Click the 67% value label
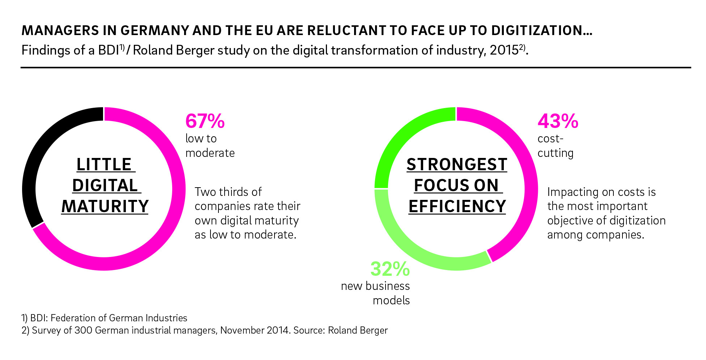[205, 121]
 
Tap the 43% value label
[558, 121]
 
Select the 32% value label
[390, 269]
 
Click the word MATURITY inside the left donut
[105, 206]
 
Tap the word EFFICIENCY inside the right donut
[457, 206]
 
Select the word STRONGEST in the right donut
[457, 164]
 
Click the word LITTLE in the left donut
[104, 164]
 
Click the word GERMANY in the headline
[155, 30]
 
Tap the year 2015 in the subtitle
[504, 50]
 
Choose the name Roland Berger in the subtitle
[174, 50]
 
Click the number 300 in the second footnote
[83, 330]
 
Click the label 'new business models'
[375, 293]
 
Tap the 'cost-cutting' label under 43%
[556, 146]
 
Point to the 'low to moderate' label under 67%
[210, 146]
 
